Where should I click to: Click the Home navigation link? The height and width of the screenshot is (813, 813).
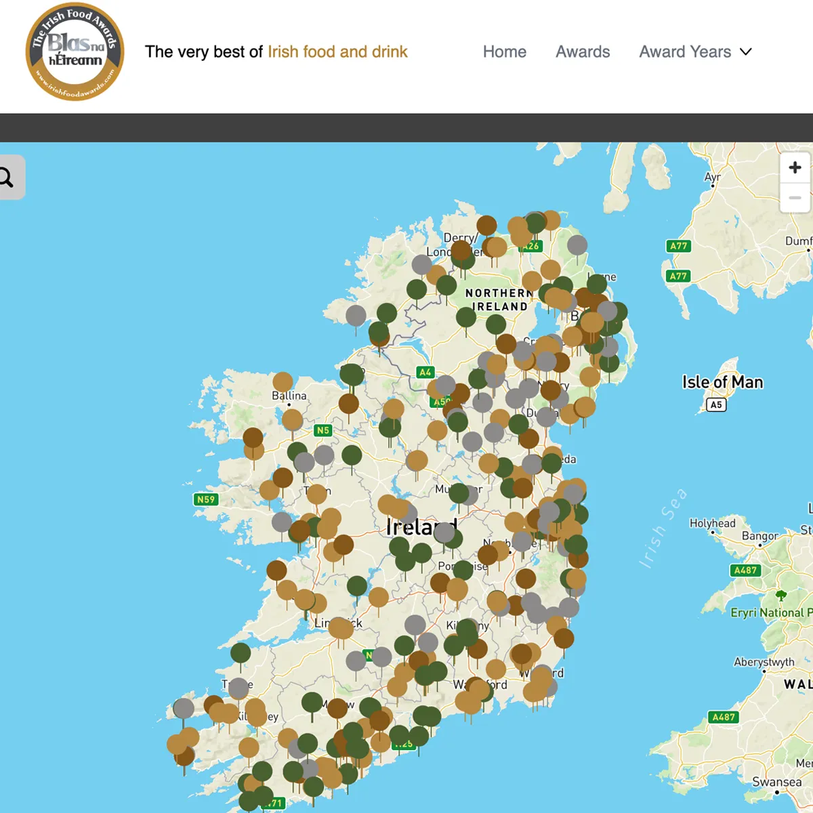pos(504,52)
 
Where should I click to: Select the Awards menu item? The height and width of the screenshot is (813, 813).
pos(583,52)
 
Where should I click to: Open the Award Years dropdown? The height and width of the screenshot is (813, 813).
pos(695,52)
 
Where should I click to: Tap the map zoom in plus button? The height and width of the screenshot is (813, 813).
pos(795,167)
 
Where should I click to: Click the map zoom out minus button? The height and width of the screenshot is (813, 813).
pos(795,198)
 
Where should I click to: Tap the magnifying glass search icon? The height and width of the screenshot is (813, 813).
pos(7,178)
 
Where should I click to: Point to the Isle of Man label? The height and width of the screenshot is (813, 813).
pos(722,383)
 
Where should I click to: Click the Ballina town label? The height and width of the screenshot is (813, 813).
pos(289,396)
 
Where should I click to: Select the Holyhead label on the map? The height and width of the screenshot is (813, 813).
pos(712,523)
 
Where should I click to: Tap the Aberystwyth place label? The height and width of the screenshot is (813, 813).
pos(764,662)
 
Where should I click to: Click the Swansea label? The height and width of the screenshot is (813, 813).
pos(776,782)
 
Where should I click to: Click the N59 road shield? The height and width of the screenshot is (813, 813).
pos(205,500)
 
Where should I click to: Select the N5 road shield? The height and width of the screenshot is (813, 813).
pos(323,430)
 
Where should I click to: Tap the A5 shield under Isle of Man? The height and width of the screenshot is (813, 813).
pos(716,404)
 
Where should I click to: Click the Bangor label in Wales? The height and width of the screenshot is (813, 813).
pos(759,536)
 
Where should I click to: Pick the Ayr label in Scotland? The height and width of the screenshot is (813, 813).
pos(712,178)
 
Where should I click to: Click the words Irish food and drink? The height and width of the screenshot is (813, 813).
pos(337,52)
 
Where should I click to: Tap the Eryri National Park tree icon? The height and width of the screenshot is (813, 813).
pos(781,596)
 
